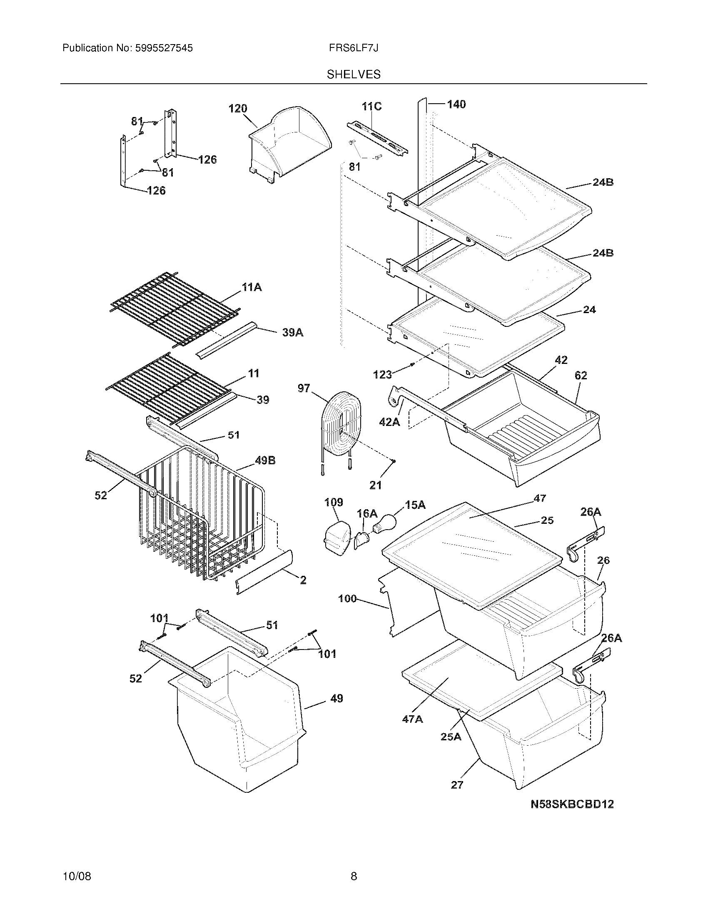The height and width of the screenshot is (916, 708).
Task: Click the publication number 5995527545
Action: click(163, 48)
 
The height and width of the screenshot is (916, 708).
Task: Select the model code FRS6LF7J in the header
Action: click(354, 48)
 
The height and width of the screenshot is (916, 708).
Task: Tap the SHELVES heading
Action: click(354, 75)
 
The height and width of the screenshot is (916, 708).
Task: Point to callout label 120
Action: click(237, 109)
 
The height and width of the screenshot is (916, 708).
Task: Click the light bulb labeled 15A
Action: click(383, 522)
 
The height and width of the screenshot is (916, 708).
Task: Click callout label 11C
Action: click(371, 107)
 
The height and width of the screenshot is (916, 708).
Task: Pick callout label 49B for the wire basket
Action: click(265, 460)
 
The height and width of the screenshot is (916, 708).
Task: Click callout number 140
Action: click(456, 105)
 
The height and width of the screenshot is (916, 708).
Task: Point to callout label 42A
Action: click(389, 422)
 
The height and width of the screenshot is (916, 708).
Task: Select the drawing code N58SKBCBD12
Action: click(572, 804)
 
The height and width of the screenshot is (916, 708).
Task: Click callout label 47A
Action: click(412, 719)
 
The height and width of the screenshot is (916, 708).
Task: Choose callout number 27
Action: click(457, 785)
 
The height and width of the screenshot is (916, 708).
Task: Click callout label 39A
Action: click(293, 333)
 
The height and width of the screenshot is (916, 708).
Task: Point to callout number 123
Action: click(382, 375)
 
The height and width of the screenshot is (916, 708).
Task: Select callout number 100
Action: click(347, 598)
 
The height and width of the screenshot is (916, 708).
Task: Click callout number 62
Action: click(581, 376)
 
